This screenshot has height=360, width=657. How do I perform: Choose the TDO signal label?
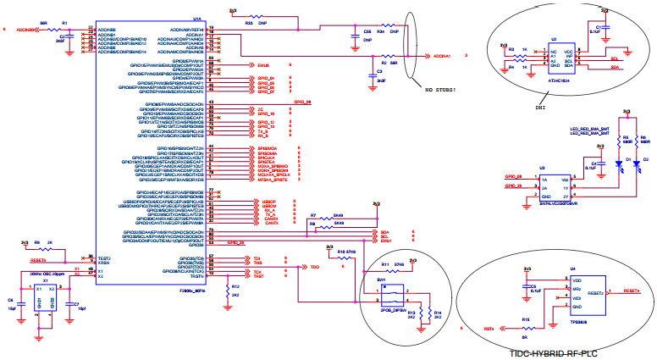click(x=315, y=268)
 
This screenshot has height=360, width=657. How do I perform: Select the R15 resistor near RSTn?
click(x=526, y=328)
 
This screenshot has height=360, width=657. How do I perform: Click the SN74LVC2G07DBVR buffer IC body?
click(x=558, y=186)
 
